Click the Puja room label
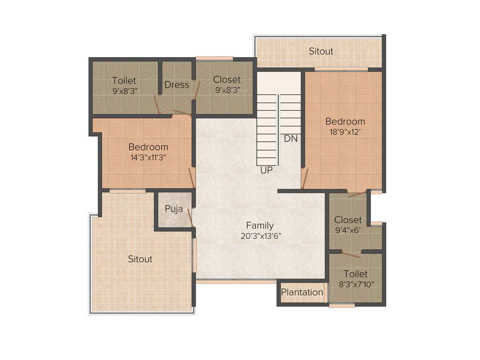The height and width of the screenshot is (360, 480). pos(173,209)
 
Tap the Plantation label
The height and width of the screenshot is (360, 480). pos(302,292)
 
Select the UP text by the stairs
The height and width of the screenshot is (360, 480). pos(266,171)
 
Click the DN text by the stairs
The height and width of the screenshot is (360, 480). pos(291,139)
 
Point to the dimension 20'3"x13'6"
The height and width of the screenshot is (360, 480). pos(261,236)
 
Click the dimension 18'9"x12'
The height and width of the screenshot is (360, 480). pos(345,132)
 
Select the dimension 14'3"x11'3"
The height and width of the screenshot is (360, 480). pos(148,157)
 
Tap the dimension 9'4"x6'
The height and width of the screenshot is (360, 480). pos(348,230)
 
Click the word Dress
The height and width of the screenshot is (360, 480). pos(177,85)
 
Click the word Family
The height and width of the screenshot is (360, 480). pos(260,225)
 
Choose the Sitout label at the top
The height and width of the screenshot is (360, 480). pos(321,51)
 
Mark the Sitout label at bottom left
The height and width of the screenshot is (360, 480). pos(140,259)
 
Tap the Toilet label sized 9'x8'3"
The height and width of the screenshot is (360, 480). pos(124,81)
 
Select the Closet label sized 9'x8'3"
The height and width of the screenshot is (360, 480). pos(227,80)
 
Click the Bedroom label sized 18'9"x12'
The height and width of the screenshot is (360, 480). pos(345,122)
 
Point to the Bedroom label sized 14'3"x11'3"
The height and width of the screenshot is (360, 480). pos(148,147)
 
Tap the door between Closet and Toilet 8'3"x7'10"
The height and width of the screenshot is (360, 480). pos(351,255)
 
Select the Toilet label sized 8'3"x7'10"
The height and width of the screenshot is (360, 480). pos(355,274)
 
